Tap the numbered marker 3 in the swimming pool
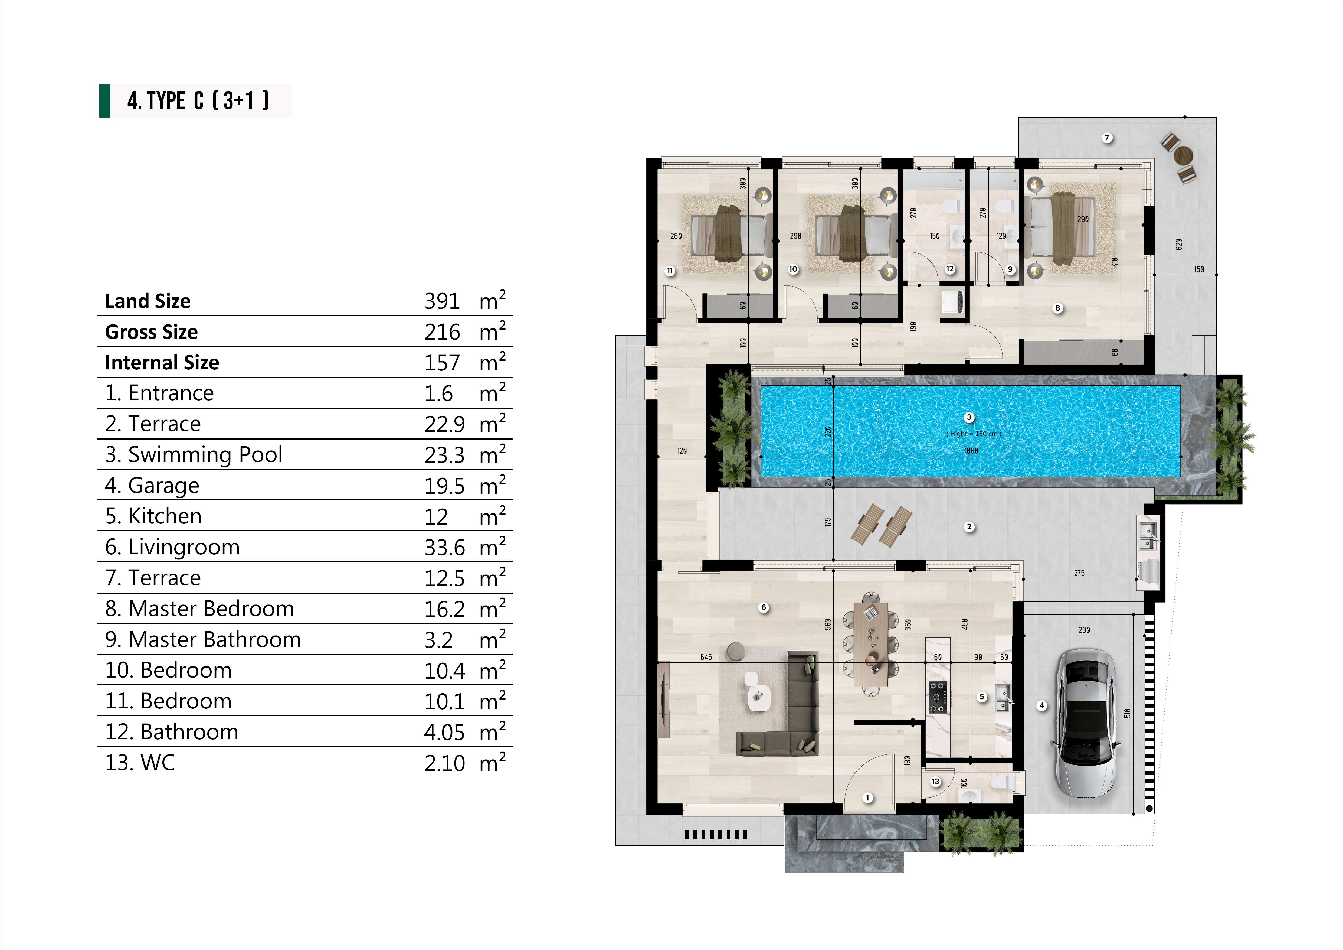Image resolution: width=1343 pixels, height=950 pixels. [x=969, y=417]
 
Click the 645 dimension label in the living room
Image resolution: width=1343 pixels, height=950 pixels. [x=706, y=657]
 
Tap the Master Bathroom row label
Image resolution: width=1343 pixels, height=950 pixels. [x=203, y=640]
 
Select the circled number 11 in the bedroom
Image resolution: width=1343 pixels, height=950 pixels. [x=670, y=271]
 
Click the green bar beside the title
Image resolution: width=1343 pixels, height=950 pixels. [x=105, y=101]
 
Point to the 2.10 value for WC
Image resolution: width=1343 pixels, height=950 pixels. [x=444, y=763]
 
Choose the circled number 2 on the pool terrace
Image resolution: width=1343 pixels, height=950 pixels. [x=969, y=527]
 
